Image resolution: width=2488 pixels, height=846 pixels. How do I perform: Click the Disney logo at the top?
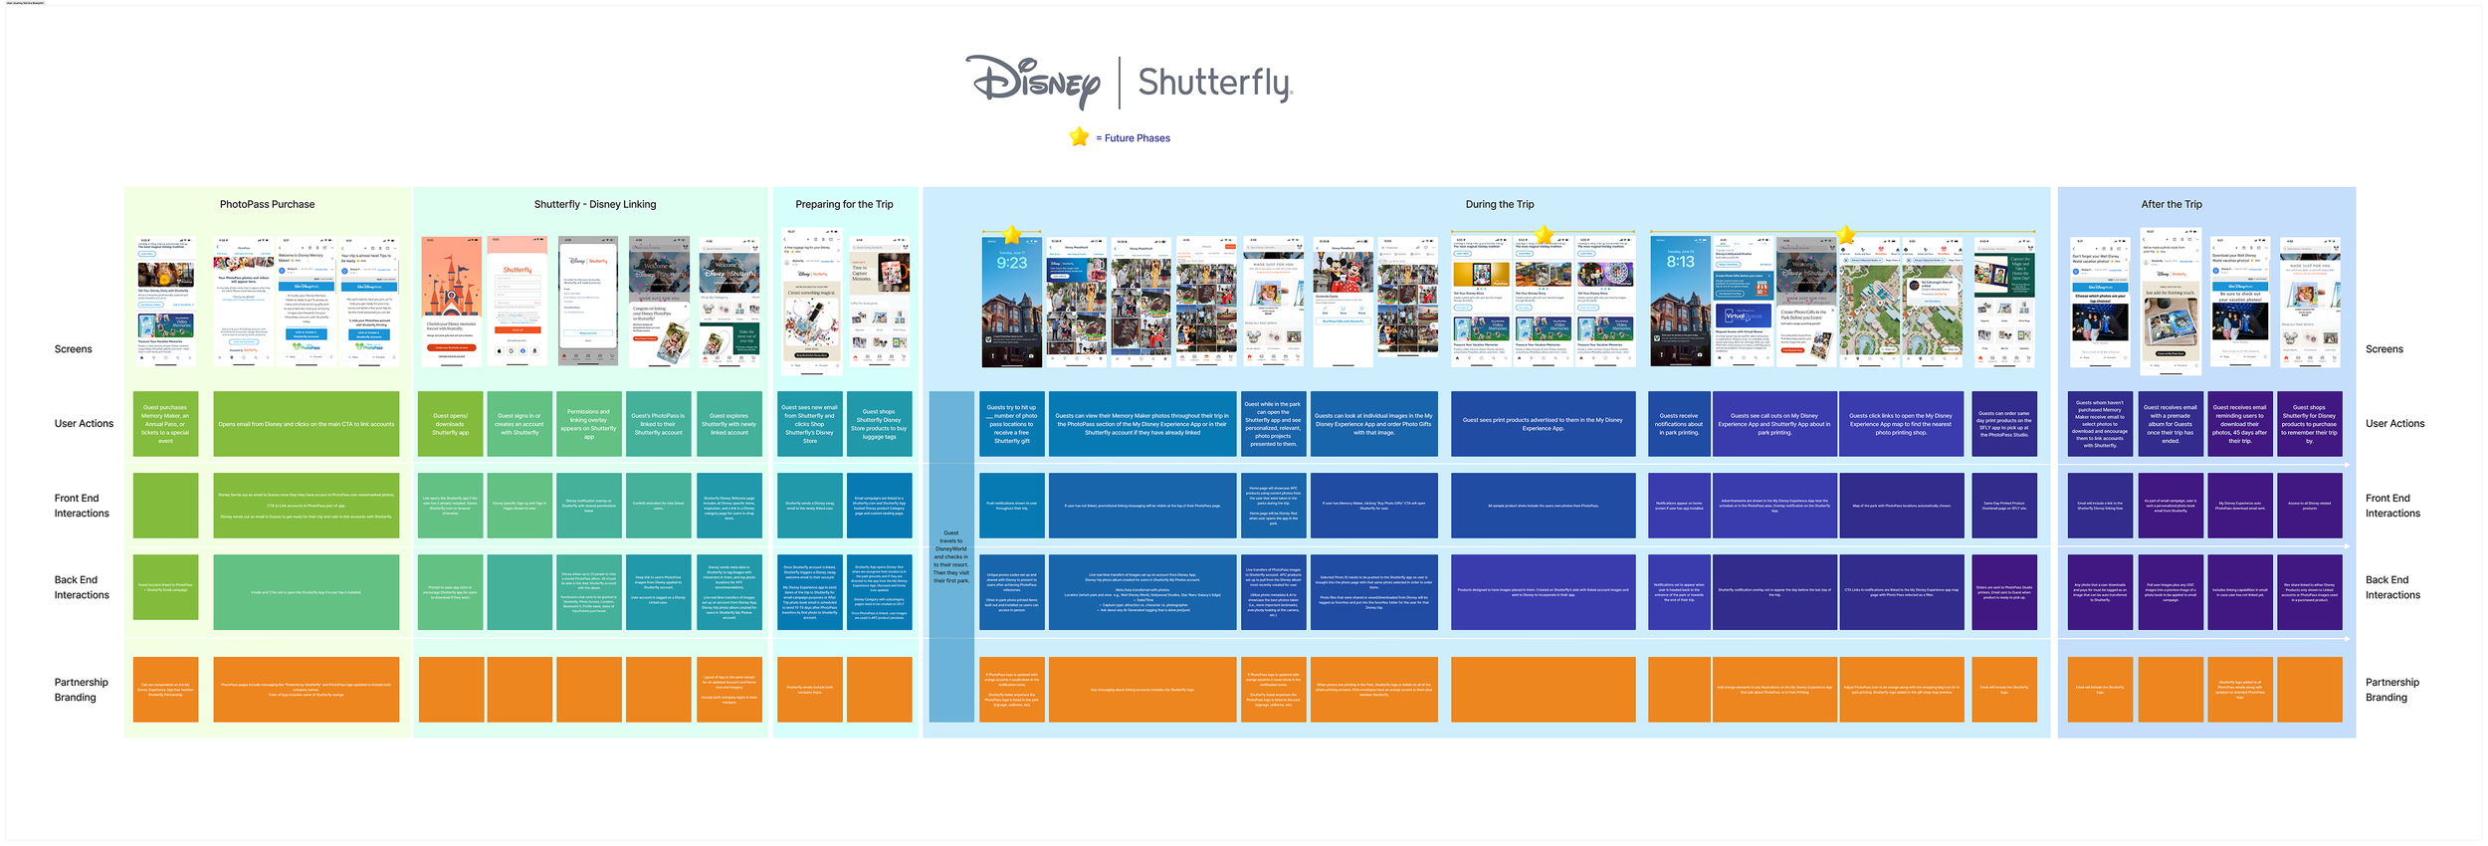[x=1033, y=81]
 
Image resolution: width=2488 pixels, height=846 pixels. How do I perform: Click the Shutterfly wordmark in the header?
[x=1214, y=83]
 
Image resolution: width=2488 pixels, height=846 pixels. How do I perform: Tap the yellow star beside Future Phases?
[x=1079, y=137]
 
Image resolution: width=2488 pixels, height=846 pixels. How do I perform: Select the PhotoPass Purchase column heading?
[x=267, y=204]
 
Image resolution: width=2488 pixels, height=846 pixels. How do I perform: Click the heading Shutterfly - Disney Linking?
[x=595, y=204]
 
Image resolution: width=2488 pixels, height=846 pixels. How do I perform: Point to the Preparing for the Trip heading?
[x=844, y=204]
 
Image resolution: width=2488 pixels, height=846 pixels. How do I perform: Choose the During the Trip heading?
[x=1499, y=204]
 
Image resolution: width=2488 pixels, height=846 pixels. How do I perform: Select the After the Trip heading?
[x=2172, y=204]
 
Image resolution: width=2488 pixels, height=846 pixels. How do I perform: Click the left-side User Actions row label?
[x=84, y=424]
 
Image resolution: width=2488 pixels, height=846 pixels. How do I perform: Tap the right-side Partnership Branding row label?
[x=2391, y=690]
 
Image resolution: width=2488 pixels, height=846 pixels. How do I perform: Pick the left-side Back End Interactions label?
[x=82, y=587]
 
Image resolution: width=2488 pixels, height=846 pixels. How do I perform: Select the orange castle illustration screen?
[x=451, y=301]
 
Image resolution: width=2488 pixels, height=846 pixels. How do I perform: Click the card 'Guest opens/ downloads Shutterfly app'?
[x=451, y=424]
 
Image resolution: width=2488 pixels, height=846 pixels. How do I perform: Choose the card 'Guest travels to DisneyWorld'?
[x=951, y=556]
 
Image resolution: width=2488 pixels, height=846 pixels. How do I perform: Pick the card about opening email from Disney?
[x=306, y=424]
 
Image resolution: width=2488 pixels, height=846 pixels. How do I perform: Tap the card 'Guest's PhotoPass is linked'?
[x=659, y=424]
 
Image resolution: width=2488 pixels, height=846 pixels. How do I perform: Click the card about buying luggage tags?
[x=879, y=424]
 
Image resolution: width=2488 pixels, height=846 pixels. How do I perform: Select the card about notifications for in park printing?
[x=1679, y=424]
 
